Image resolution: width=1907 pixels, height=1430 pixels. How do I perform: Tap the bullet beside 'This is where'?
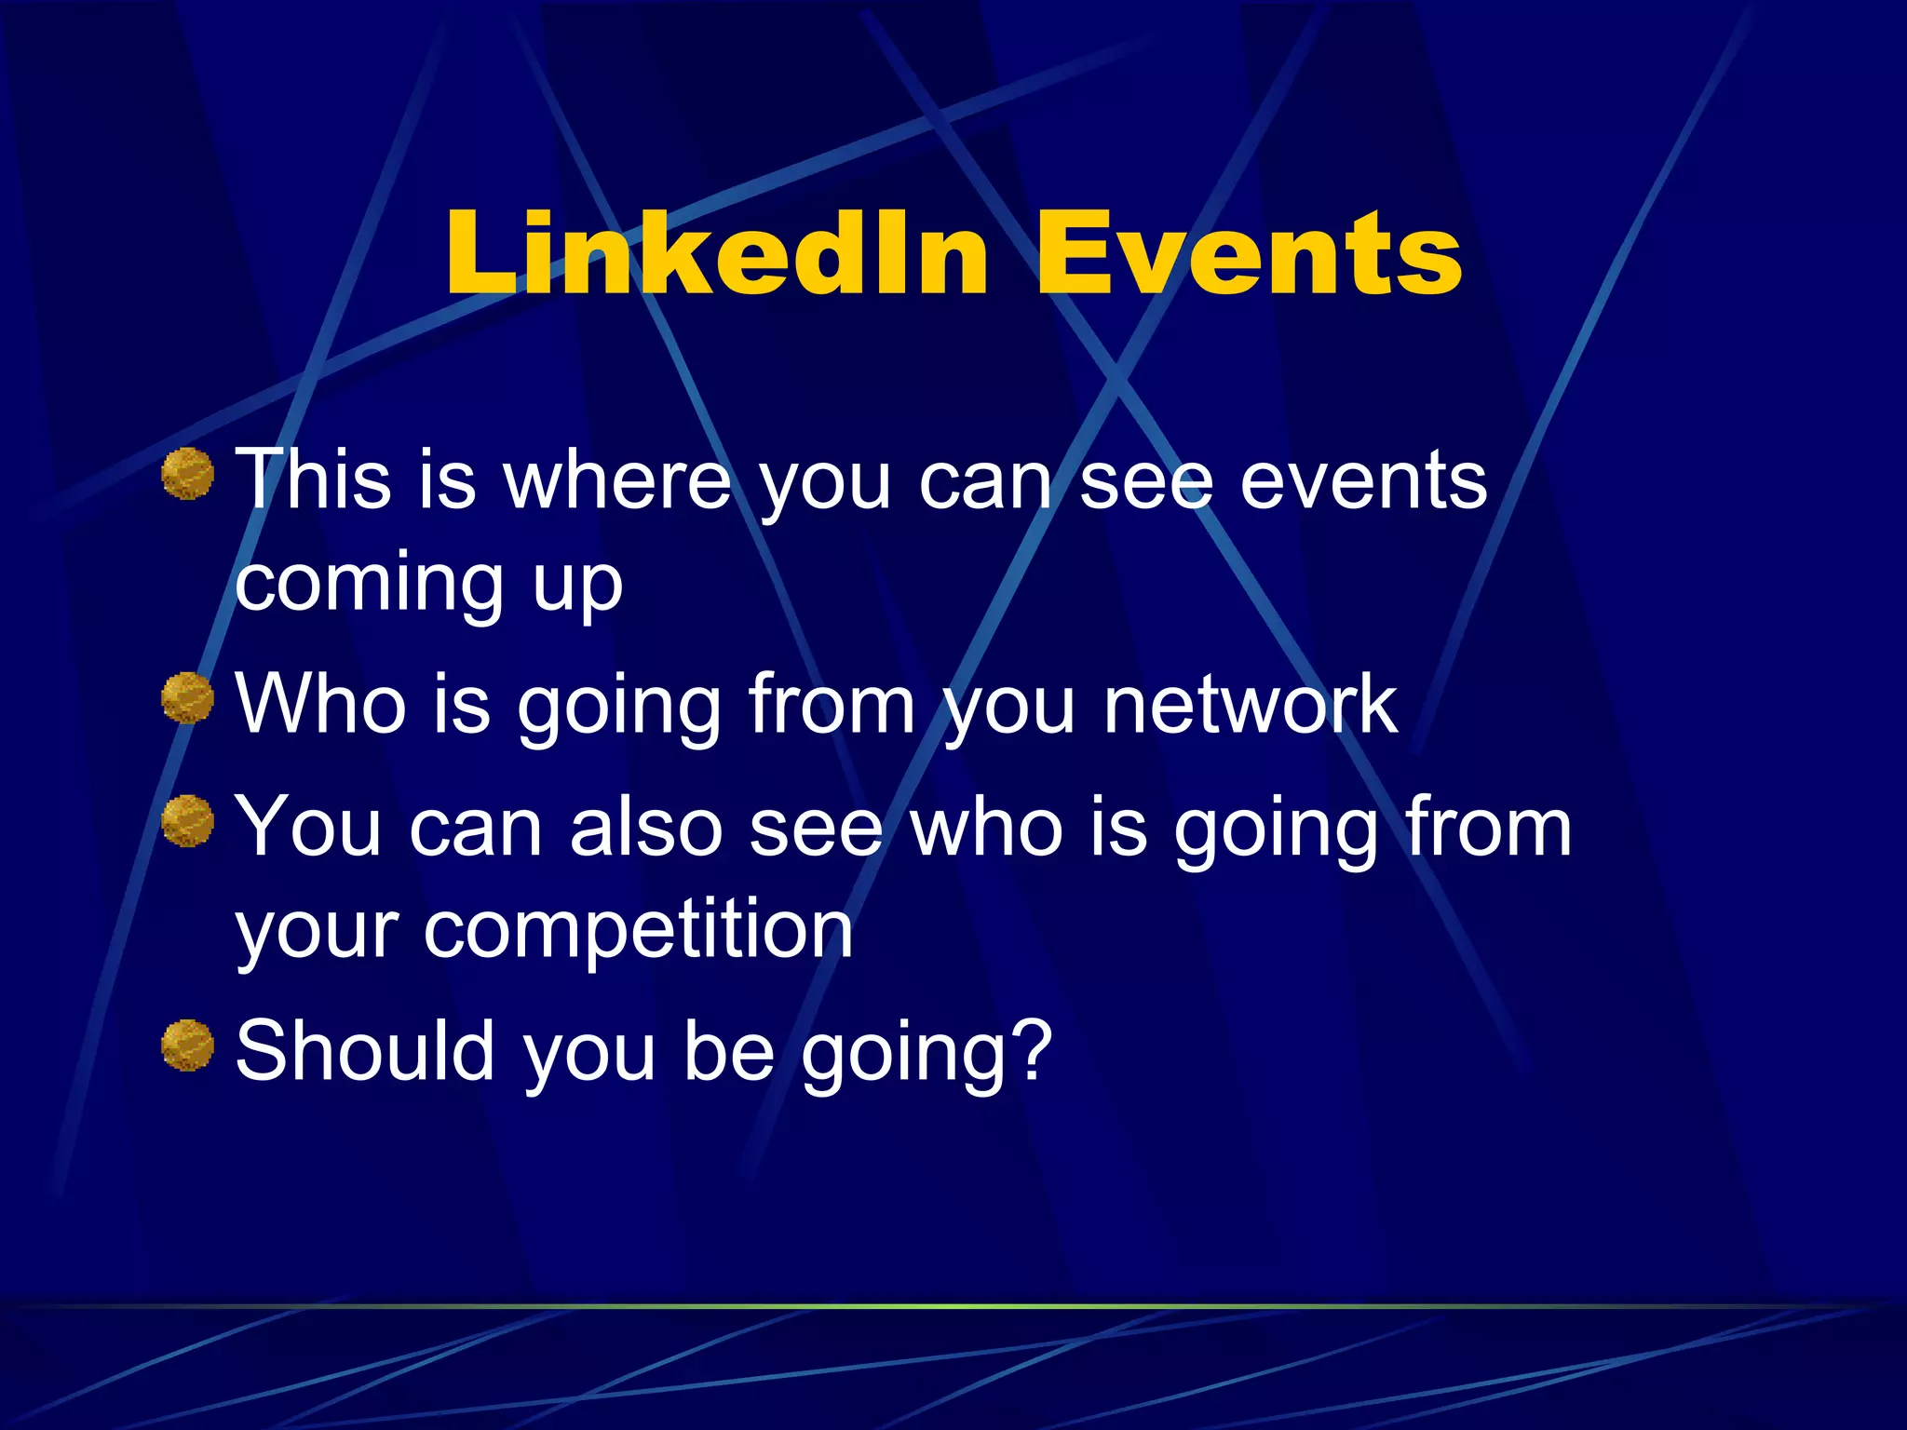188,474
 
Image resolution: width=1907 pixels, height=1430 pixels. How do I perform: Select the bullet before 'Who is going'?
188,698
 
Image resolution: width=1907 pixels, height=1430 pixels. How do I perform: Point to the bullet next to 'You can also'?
188,821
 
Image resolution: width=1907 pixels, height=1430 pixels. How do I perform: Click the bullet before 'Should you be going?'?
188,1046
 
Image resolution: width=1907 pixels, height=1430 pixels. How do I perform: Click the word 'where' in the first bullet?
617,481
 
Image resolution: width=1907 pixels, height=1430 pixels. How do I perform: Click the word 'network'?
1250,705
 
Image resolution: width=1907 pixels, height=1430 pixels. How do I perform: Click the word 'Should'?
364,1051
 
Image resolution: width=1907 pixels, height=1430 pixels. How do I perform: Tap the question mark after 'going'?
1031,1051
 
